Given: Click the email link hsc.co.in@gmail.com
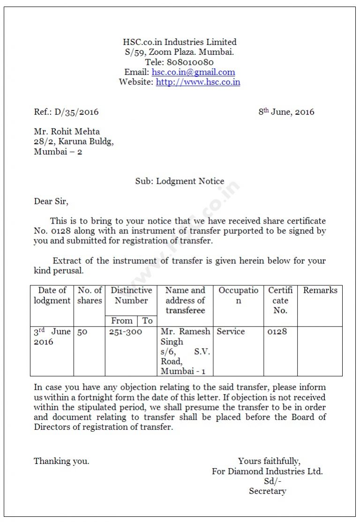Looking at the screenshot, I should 193,72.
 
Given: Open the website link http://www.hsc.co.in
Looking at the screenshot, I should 198,82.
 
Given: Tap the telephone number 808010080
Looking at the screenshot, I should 190,62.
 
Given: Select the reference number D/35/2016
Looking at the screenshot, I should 76,112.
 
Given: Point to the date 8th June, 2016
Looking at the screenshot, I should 286,112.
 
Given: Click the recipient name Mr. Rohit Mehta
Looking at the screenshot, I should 67,132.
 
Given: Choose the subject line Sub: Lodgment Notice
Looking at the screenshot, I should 180,181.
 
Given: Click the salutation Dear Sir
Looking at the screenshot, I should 51,201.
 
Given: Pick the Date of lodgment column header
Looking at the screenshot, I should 52,295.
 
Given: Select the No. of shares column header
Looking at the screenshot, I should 90,295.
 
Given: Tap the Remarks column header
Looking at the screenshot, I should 320,291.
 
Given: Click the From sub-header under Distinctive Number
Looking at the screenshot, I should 121,321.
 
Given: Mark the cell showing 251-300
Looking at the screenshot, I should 125,332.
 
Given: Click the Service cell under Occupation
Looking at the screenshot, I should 231,332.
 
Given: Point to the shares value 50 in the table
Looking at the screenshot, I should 82,332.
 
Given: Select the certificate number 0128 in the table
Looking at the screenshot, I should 277,332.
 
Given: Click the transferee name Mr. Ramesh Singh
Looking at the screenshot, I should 185,336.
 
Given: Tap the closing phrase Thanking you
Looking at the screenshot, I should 61,461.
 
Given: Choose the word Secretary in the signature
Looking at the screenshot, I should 267,491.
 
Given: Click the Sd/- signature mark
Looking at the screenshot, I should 272,481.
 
